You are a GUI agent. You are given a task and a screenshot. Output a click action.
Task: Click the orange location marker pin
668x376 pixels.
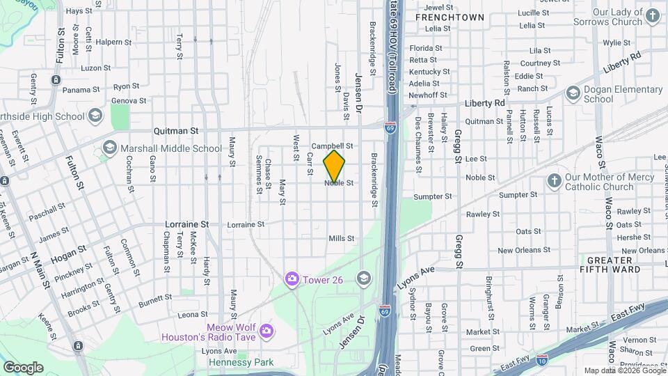(x=334, y=166)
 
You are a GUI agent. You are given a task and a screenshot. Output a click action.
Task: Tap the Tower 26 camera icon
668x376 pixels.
(x=292, y=279)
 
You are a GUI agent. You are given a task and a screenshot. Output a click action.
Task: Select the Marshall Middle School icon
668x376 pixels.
(x=109, y=148)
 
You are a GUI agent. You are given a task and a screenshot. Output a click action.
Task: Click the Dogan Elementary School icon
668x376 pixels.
(x=573, y=93)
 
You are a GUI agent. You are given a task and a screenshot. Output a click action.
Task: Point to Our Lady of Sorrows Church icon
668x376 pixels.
(x=653, y=15)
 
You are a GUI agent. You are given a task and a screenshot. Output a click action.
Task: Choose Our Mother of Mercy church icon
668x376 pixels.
(x=554, y=181)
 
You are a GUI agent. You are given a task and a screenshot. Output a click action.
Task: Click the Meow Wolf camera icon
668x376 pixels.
(x=266, y=332)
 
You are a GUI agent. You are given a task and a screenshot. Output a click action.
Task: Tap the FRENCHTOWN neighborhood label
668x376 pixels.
(x=450, y=16)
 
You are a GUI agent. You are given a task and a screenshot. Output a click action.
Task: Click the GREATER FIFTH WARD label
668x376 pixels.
(x=610, y=265)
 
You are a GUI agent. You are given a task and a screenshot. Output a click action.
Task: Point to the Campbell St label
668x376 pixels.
(x=333, y=146)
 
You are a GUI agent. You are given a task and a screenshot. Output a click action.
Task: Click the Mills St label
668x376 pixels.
(x=342, y=238)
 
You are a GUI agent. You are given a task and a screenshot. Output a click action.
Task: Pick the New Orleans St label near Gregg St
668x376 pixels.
(x=523, y=250)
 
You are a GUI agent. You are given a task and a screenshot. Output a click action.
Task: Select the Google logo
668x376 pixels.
(x=23, y=367)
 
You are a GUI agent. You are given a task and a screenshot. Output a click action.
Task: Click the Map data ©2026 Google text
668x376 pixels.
(x=623, y=370)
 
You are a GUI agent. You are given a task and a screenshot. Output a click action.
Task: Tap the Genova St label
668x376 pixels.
(x=129, y=101)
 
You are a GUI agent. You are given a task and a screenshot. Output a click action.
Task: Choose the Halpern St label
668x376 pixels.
(x=109, y=42)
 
